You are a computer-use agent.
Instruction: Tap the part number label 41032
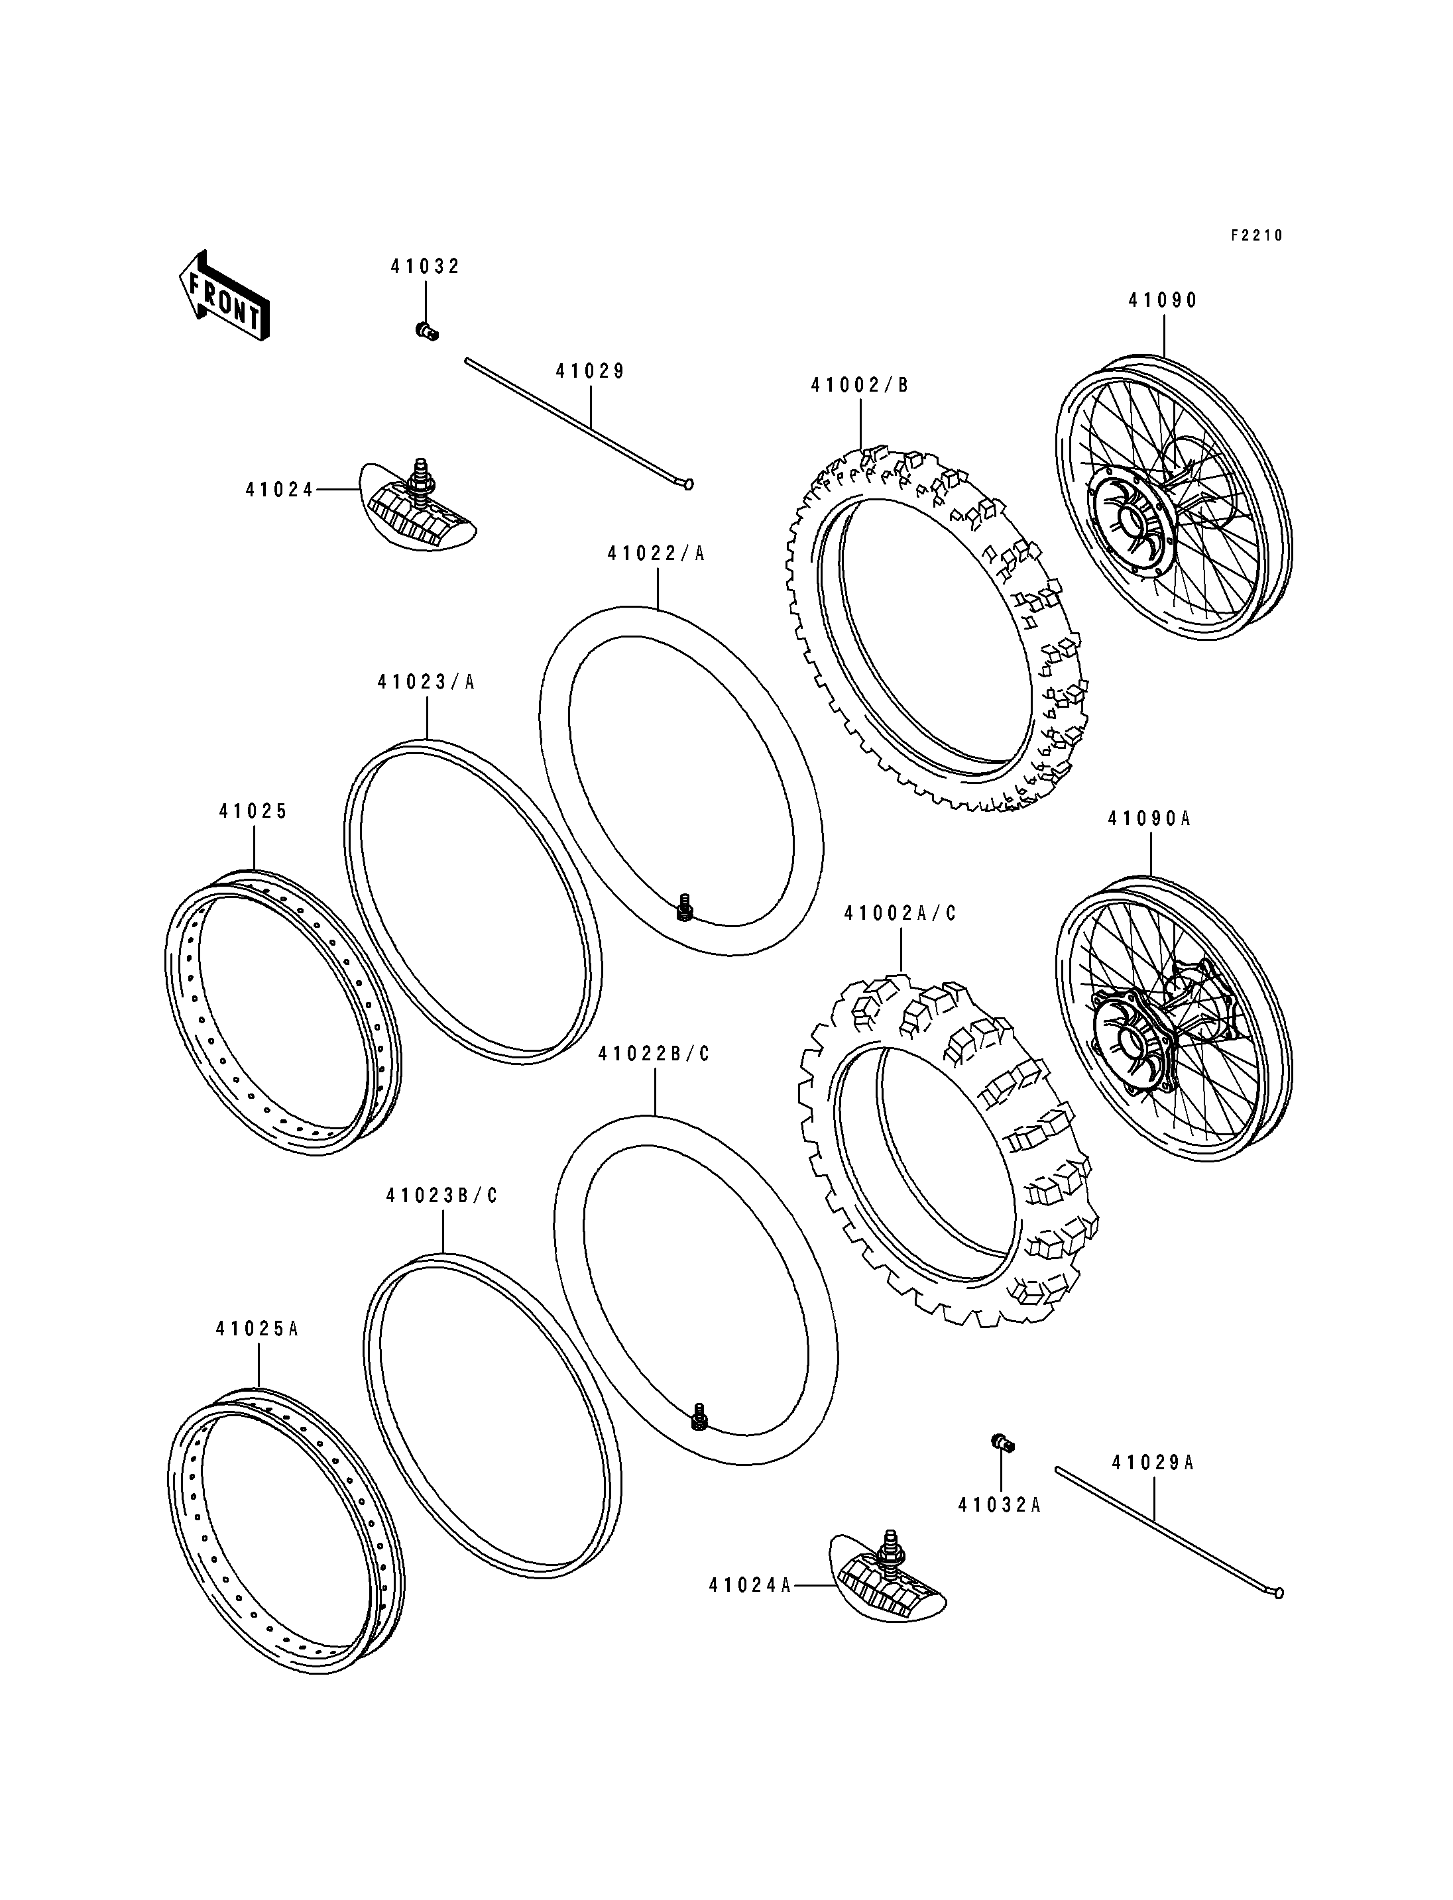coord(425,266)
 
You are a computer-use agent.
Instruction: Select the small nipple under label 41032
coord(426,329)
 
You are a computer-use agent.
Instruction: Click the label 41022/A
coord(656,553)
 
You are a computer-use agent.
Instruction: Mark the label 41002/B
coord(860,386)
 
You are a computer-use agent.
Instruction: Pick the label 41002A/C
coord(900,913)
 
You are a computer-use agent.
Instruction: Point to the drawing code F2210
coord(1257,235)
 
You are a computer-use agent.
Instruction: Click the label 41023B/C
coord(442,1196)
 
